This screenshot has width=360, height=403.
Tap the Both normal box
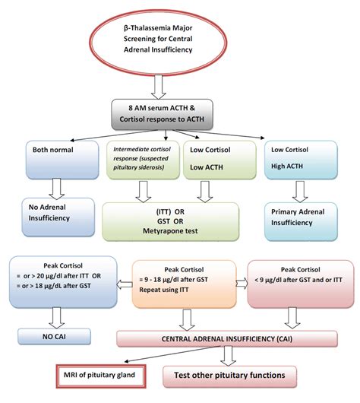click(52, 161)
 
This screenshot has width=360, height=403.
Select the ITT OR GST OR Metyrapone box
click(177, 219)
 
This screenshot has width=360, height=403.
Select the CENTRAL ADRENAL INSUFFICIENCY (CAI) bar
click(226, 338)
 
